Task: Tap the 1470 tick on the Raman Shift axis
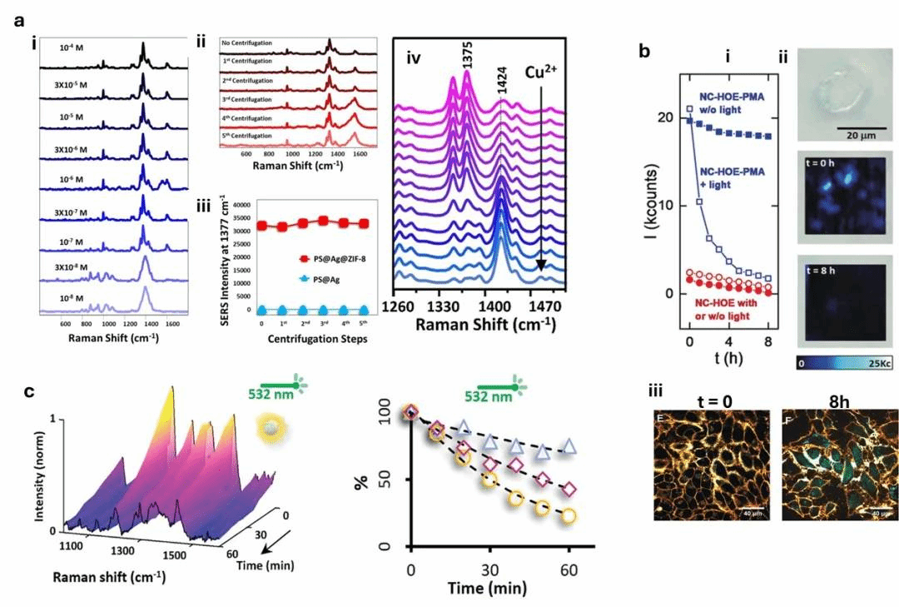[541, 304]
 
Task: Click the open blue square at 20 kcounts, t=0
[689, 110]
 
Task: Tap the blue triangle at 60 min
[569, 445]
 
